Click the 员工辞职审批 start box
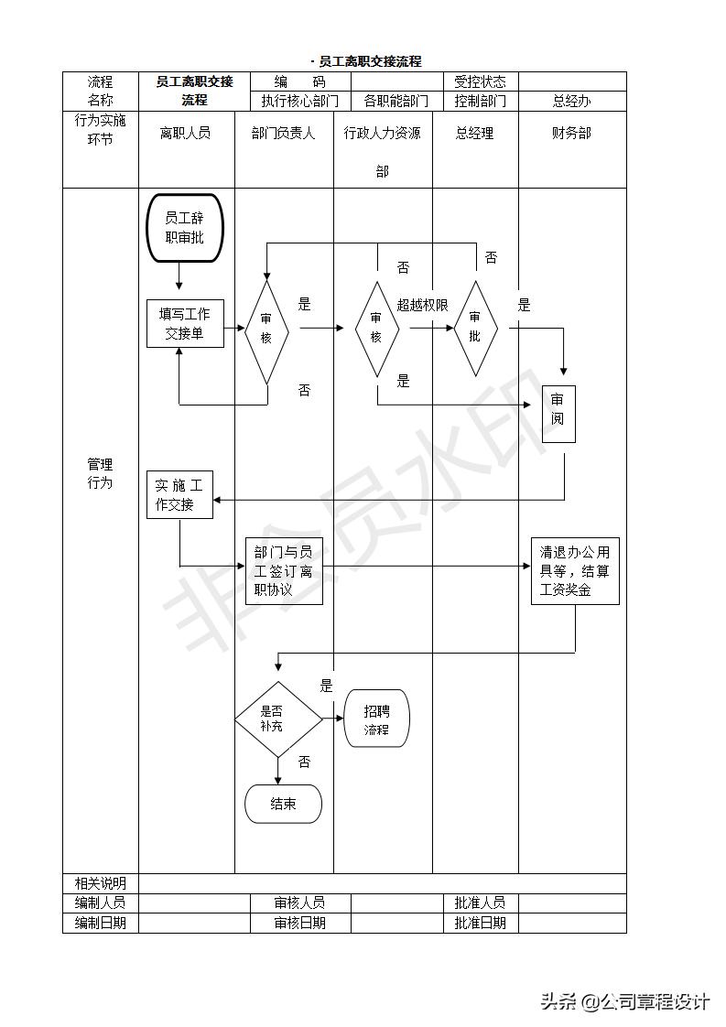point(184,228)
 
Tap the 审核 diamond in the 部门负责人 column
point(266,331)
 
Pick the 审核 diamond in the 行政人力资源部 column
point(376,330)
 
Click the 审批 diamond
point(475,328)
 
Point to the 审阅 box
point(558,414)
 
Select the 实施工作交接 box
point(179,494)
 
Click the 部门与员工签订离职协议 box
point(284,570)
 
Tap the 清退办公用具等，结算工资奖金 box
point(575,571)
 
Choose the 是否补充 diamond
point(278,719)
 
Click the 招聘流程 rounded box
point(376,719)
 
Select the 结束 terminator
point(284,805)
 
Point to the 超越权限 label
point(422,305)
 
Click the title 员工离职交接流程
point(370,61)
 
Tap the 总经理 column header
point(474,133)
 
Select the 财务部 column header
point(571,133)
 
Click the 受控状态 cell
point(480,81)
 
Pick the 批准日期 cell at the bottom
point(480,923)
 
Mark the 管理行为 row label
point(100,473)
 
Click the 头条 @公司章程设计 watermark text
point(624,1001)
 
